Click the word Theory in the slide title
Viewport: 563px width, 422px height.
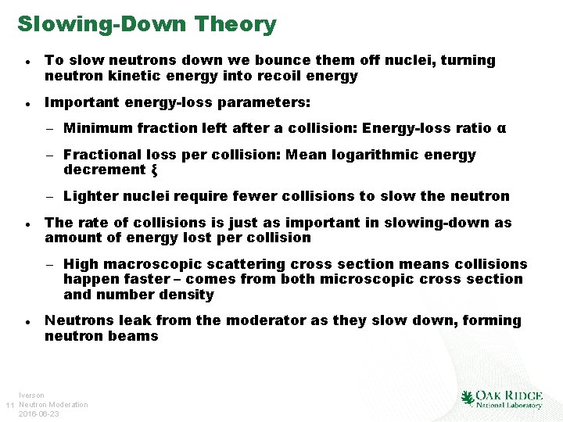pos(235,24)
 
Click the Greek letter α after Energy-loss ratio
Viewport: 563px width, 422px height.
pos(501,128)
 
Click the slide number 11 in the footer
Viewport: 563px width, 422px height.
pos(9,405)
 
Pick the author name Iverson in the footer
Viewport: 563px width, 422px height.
pos(31,396)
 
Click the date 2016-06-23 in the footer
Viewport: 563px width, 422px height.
pos(38,413)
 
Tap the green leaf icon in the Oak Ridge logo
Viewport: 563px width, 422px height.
pos(468,399)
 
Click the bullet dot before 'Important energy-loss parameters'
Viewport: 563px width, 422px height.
pos(27,103)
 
